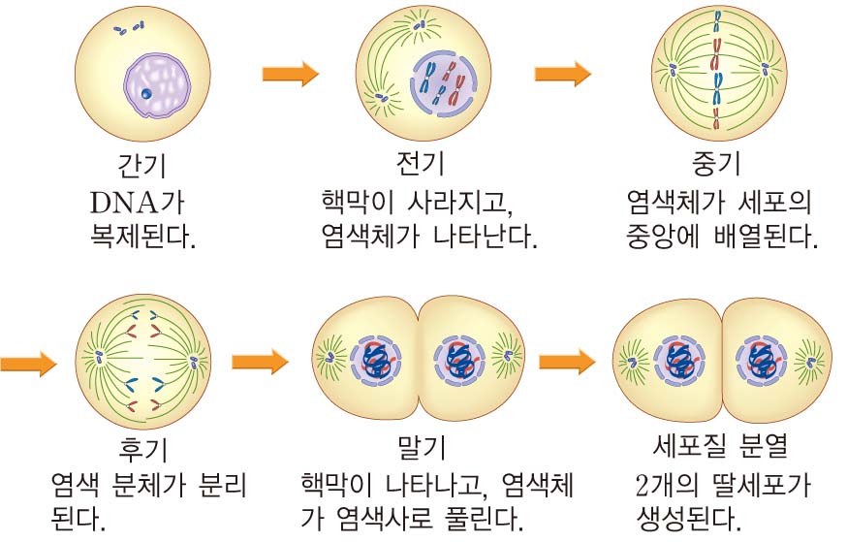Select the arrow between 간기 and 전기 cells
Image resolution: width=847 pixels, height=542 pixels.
click(x=291, y=74)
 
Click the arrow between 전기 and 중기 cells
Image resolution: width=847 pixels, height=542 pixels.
click(x=563, y=74)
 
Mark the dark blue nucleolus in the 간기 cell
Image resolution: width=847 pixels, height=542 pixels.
click(x=145, y=94)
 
